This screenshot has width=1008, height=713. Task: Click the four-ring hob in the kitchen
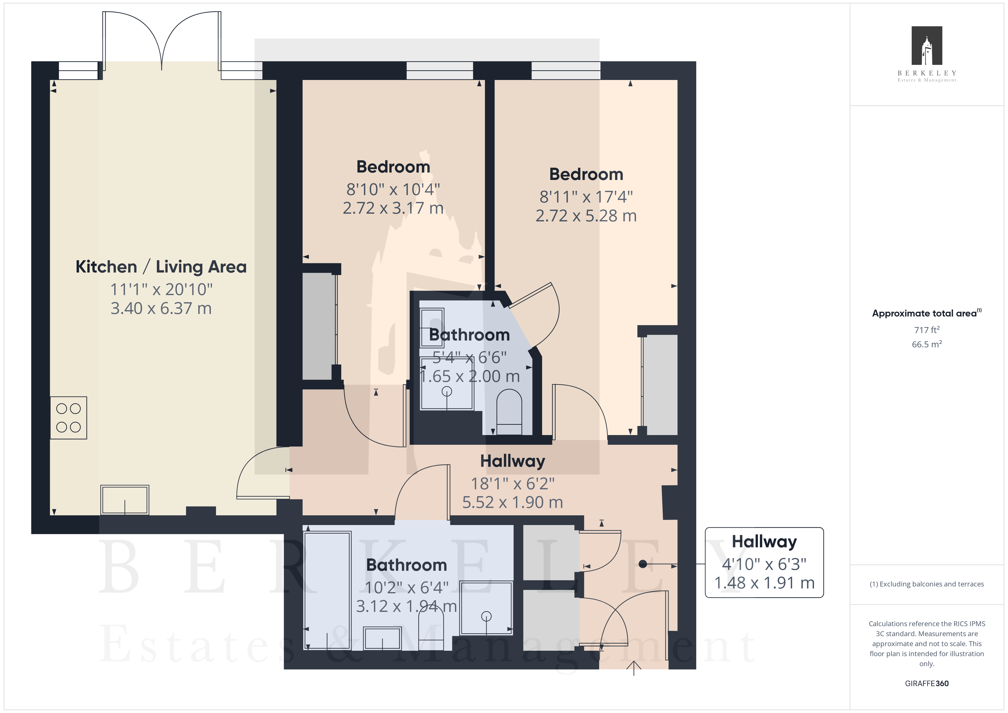pyautogui.click(x=69, y=418)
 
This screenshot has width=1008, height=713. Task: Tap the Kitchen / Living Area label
pyautogui.click(x=161, y=267)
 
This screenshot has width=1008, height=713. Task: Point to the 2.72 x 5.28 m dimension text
pyautogui.click(x=586, y=216)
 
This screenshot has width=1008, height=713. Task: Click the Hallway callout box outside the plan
pyautogui.click(x=764, y=562)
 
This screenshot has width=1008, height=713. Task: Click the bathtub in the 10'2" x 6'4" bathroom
pyautogui.click(x=327, y=590)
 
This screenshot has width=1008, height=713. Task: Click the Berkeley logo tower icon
pyautogui.click(x=927, y=46)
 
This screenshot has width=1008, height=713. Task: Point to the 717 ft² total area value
pyautogui.click(x=927, y=330)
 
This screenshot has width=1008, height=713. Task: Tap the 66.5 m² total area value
pyautogui.click(x=927, y=344)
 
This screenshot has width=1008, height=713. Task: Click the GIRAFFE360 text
pyautogui.click(x=927, y=684)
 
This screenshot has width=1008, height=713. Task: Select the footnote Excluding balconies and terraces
pyautogui.click(x=927, y=584)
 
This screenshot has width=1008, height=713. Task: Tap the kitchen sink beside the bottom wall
pyautogui.click(x=125, y=500)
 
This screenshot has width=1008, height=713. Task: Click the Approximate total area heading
pyautogui.click(x=927, y=313)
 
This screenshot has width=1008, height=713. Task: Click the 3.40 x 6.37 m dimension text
pyautogui.click(x=161, y=309)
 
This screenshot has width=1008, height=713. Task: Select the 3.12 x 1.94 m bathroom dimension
pyautogui.click(x=407, y=607)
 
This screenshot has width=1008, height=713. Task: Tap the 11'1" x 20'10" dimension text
pyautogui.click(x=161, y=290)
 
